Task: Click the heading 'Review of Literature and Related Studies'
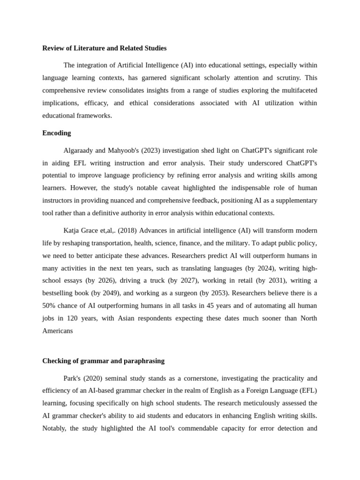pyautogui.click(x=104, y=48)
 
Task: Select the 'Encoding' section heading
pyautogui.click(x=57, y=133)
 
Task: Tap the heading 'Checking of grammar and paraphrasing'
pyautogui.click(x=103, y=361)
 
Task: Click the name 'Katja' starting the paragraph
pyautogui.click(x=73, y=231)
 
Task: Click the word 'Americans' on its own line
pyautogui.click(x=58, y=330)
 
